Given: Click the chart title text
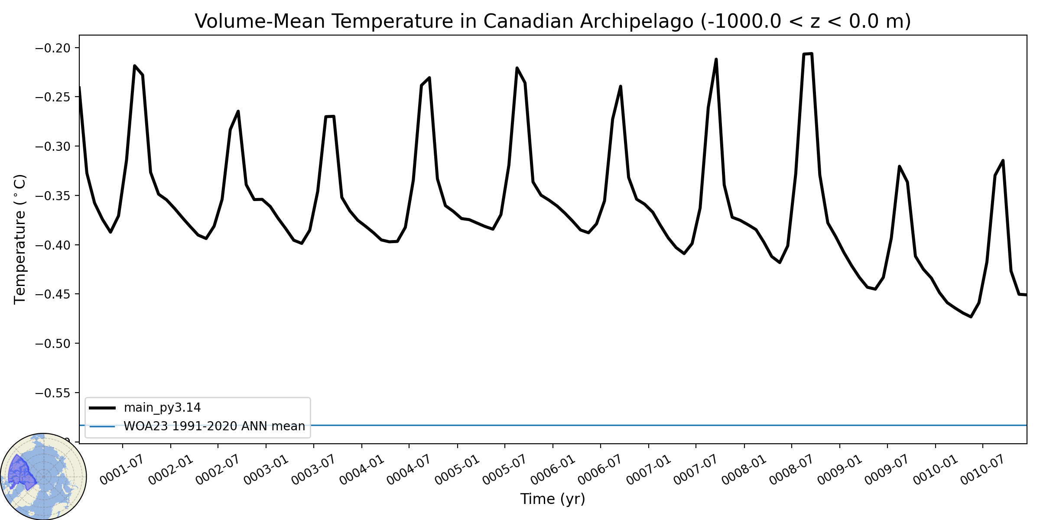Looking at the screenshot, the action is click(552, 21).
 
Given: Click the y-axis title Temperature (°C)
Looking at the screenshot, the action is click(20, 239).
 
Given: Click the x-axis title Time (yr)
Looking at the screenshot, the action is click(552, 499).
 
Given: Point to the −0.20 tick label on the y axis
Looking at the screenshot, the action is click(52, 48).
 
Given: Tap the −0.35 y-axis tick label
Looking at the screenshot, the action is click(52, 195).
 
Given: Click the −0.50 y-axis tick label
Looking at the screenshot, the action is click(52, 344).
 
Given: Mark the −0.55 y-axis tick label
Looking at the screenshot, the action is click(52, 393).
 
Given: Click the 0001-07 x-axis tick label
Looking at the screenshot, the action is click(121, 470).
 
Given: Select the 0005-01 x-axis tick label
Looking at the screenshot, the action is click(457, 470).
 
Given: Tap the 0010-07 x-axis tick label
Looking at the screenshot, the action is click(982, 470).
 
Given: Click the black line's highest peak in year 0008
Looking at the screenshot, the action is click(811, 54).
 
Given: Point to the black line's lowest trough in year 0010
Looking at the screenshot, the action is click(971, 317).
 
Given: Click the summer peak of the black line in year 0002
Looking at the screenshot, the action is click(238, 111).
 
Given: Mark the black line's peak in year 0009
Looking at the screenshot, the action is click(900, 166).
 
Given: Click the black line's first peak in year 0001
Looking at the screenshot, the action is click(135, 66).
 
